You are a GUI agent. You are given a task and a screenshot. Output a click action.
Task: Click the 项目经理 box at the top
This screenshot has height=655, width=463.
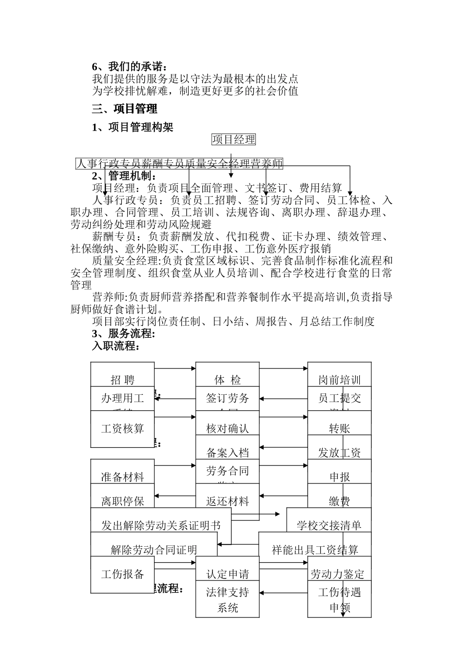pos(233,140)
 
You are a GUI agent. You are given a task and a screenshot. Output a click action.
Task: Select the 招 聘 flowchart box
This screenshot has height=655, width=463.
pos(122,380)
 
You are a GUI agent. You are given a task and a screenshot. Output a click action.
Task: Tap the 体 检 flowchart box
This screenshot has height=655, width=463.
pos(227,380)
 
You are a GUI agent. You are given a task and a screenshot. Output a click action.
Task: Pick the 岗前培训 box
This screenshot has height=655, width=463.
pos(339,380)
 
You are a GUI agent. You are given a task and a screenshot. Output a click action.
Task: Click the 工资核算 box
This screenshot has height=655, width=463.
pos(122,428)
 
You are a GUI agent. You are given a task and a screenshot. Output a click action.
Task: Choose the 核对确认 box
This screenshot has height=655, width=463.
pos(227,428)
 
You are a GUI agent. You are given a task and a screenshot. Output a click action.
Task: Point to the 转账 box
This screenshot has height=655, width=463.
pos(339,428)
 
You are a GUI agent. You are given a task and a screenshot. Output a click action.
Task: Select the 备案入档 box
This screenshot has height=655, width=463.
pos(227,452)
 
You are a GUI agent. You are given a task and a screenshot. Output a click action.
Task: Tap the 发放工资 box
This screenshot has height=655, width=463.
pos(339,452)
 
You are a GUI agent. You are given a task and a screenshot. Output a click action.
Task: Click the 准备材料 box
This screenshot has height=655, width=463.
pos(122,477)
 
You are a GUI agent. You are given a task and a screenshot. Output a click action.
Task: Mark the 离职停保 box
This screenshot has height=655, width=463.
pos(122,501)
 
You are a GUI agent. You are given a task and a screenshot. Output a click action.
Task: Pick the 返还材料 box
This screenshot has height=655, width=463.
pos(227,501)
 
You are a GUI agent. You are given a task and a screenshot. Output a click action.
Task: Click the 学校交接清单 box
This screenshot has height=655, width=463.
pos(329,525)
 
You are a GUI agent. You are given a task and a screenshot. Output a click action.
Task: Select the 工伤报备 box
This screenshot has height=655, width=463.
pos(122,574)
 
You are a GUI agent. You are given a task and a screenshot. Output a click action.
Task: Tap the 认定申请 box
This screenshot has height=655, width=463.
pos(227,574)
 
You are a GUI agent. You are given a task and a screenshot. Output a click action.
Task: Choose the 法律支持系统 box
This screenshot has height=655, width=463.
pos(227,600)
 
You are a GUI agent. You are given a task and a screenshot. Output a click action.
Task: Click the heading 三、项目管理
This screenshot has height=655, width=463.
pos(125,109)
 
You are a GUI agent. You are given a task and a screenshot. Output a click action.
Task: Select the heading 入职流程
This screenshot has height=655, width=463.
pos(116,347)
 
